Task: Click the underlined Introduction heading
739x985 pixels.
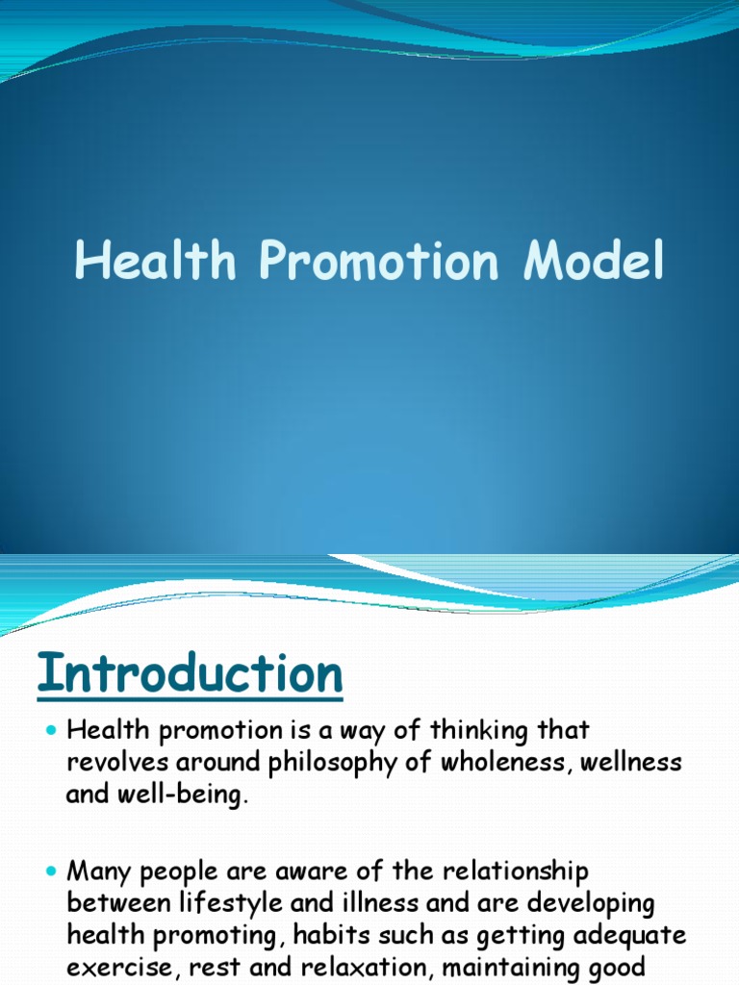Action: [x=191, y=674]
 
